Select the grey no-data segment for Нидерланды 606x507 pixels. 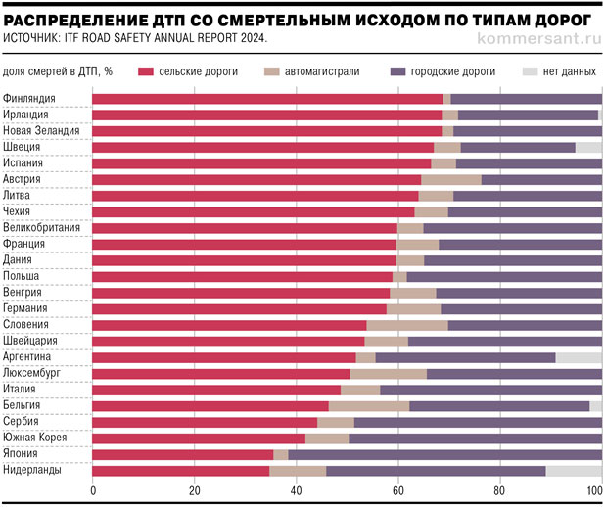pyautogui.click(x=574, y=471)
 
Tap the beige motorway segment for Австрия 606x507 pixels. pyautogui.click(x=451, y=179)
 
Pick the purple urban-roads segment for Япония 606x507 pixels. pyautogui.click(x=444, y=454)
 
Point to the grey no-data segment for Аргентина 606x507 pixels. pyautogui.click(x=579, y=357)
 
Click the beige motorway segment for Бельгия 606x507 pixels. pyautogui.click(x=369, y=405)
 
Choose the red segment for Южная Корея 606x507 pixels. pyautogui.click(x=199, y=438)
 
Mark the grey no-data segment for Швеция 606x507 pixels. pyautogui.click(x=588, y=147)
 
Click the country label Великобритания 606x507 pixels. pyautogui.click(x=42, y=228)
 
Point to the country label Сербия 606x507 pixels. pyautogui.click(x=23, y=422)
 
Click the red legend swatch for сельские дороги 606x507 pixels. pyautogui.click(x=146, y=71)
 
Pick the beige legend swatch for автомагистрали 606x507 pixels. pyautogui.click(x=272, y=71)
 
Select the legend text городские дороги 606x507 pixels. pyautogui.click(x=452, y=71)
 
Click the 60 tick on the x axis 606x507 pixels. pyautogui.click(x=398, y=490)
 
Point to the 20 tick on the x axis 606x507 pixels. pyautogui.click(x=195, y=490)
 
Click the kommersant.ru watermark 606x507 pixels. pyautogui.click(x=536, y=38)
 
